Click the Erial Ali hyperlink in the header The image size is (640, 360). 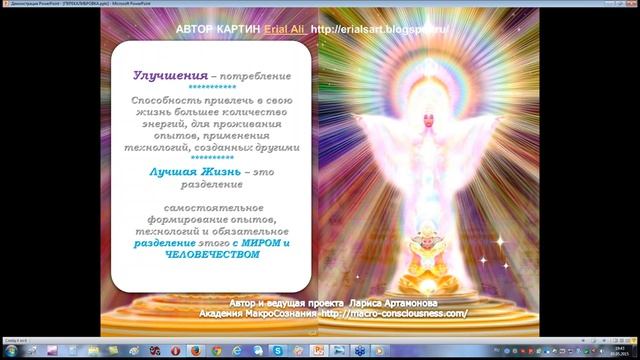[x=285, y=30]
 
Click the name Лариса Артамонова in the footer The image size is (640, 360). [x=394, y=302]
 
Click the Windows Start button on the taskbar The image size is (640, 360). [x=11, y=351]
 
